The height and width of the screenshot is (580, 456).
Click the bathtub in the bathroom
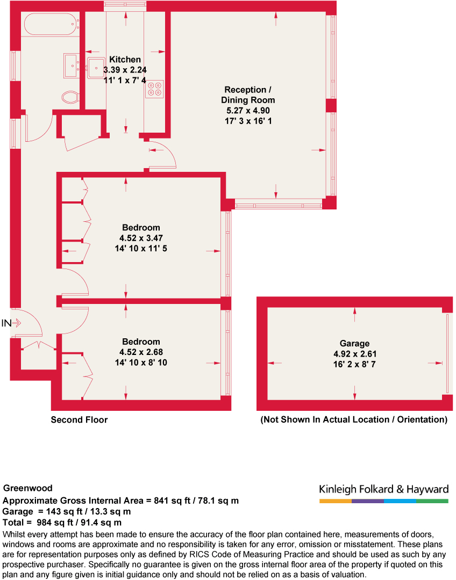[x=51, y=24]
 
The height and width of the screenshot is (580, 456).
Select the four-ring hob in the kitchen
[x=154, y=89]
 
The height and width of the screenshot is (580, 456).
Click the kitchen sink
[x=96, y=68]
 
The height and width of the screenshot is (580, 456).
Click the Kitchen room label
[x=125, y=60]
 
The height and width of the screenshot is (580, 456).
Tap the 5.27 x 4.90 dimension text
[x=248, y=110]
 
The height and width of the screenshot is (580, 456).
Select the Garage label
[x=354, y=343]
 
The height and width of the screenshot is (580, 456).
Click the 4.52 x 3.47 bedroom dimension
[x=141, y=238]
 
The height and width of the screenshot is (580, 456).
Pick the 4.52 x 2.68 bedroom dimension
[x=141, y=352]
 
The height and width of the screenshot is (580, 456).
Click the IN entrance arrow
[x=16, y=323]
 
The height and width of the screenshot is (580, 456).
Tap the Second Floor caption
[x=79, y=419]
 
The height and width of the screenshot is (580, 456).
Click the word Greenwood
[x=28, y=488]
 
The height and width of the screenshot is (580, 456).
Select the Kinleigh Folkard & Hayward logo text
[x=384, y=489]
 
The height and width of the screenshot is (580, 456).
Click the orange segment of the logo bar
[x=336, y=501]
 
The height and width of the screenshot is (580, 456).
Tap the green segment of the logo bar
[x=432, y=501]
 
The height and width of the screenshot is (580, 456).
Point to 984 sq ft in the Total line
[x=51, y=523]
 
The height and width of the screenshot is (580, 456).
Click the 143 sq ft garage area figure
[x=61, y=512]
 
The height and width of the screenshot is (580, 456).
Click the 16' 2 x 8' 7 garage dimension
[x=354, y=364]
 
